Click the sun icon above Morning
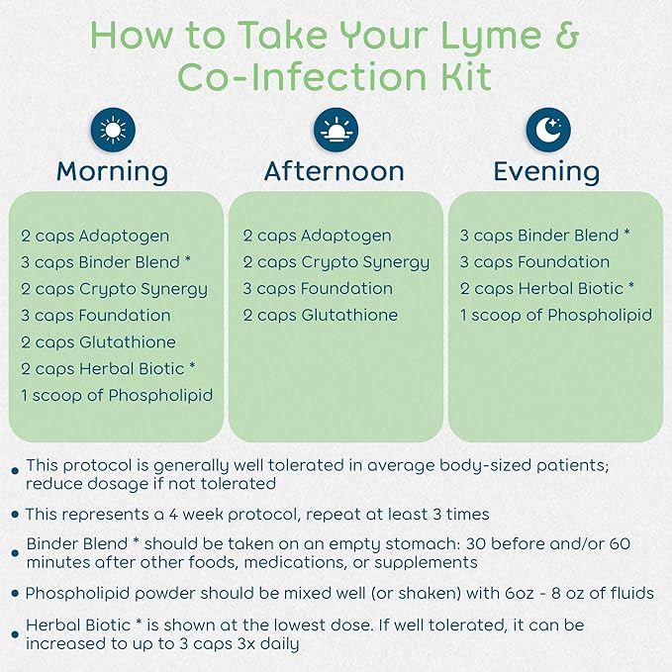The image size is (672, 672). pos(113,130)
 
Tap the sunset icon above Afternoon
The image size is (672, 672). pos(336,130)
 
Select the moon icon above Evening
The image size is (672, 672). pos(548,130)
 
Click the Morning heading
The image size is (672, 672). pos(112,172)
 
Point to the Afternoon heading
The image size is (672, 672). pos(335,171)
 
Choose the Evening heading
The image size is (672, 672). pos(546,172)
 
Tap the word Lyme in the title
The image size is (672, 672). pos(490,37)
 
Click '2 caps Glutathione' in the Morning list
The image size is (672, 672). pos(99,342)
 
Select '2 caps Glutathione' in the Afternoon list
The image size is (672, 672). pos(321,316)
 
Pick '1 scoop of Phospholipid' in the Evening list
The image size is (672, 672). pos(556,316)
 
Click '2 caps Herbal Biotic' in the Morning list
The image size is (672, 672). pos(103,368)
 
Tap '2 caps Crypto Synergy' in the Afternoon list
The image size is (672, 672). pos(336,263)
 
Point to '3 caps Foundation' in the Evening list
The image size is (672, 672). pos(534,262)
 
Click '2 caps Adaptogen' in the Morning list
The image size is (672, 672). pos(95,237)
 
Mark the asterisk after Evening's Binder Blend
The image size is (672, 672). pos(626,233)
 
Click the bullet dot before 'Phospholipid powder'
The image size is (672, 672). pos(16,594)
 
